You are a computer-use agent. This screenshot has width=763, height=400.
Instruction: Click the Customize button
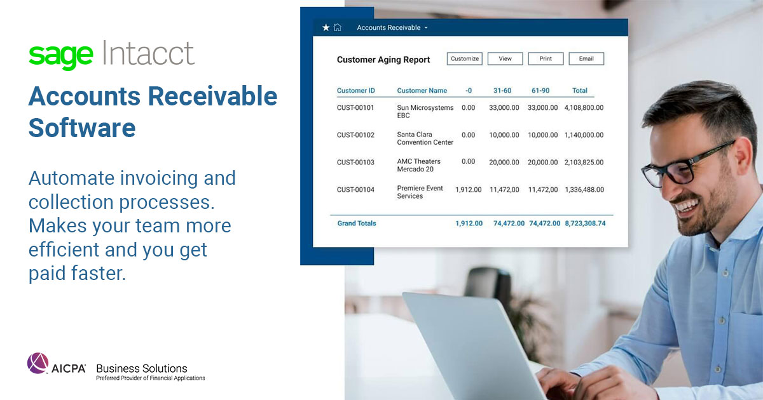(x=464, y=59)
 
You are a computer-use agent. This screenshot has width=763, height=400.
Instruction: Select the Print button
(x=546, y=59)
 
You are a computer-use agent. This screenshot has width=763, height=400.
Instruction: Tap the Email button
(x=586, y=59)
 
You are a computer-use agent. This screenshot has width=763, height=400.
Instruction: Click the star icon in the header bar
(x=326, y=28)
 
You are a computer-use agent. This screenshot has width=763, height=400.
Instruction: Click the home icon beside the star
(x=338, y=28)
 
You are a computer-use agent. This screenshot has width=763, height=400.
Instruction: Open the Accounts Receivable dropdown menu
(x=392, y=28)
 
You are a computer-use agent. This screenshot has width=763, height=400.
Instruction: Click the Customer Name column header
(x=422, y=91)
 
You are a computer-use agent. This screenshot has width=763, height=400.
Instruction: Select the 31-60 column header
(x=502, y=91)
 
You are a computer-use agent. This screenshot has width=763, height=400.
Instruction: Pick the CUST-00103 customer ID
(x=355, y=162)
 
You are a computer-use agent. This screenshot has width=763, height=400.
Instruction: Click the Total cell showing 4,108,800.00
(x=584, y=108)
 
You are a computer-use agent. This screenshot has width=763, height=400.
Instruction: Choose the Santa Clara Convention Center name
(x=425, y=138)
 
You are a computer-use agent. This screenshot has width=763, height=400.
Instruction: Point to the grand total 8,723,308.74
(x=585, y=223)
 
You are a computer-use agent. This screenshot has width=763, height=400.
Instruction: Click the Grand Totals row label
(x=357, y=223)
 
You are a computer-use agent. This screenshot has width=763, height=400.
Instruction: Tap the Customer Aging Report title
(x=383, y=60)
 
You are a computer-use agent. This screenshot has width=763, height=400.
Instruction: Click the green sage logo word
(x=61, y=55)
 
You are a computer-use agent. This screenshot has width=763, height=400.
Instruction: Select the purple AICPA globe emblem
(x=38, y=364)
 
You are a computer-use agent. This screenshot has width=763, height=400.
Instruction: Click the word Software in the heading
(x=82, y=128)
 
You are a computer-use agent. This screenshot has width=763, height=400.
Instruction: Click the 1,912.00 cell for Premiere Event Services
(x=469, y=189)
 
